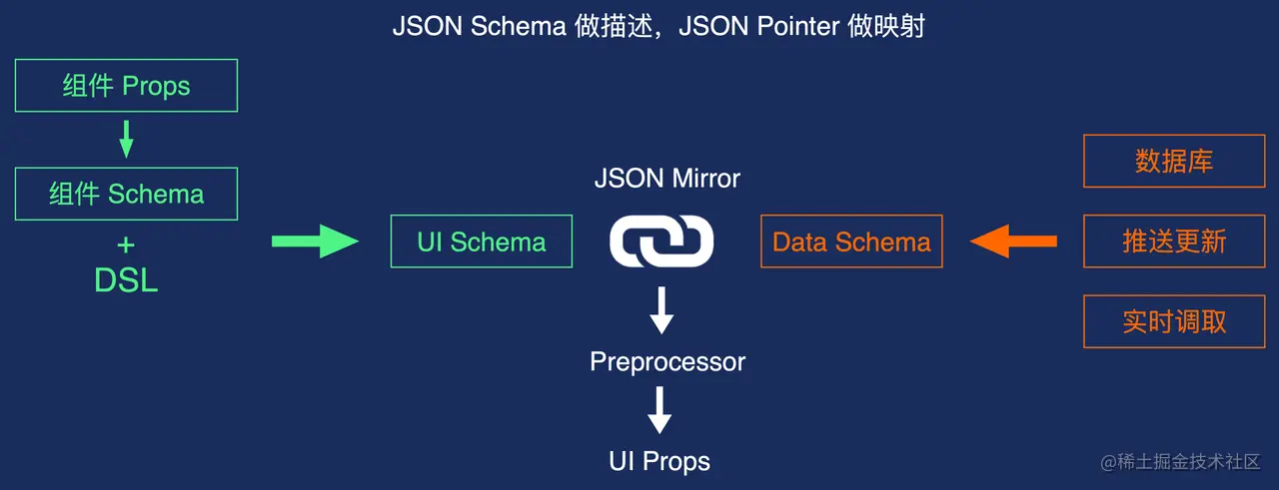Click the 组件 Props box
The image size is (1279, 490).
click(126, 86)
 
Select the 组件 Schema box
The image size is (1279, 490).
click(126, 194)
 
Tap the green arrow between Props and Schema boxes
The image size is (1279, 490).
click(126, 140)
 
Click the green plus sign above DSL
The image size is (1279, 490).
click(126, 245)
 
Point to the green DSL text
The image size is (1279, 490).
click(126, 280)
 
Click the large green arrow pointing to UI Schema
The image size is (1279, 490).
click(314, 241)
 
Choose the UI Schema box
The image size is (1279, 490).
click(481, 242)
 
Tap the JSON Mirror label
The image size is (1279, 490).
click(666, 180)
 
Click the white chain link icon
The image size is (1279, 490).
click(661, 242)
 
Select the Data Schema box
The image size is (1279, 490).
click(851, 242)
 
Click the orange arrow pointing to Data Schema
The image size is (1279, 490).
click(1013, 241)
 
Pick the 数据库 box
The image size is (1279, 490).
click(1174, 162)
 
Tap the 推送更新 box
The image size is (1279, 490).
click(1174, 242)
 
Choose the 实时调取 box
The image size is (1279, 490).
click(1174, 321)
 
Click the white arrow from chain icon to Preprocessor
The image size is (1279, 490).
click(661, 310)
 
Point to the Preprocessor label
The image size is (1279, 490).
click(667, 361)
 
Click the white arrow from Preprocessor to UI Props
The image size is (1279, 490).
click(659, 409)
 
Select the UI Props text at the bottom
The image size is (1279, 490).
click(659, 461)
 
